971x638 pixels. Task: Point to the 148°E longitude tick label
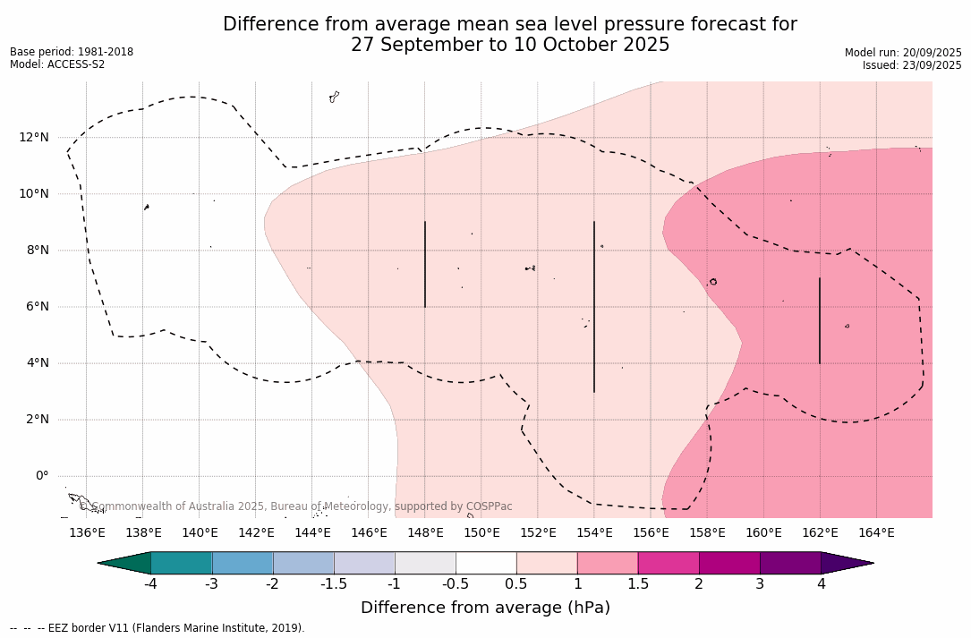coord(425,533)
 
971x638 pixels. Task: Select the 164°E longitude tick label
coord(876,533)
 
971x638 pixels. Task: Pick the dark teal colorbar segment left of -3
coord(181,563)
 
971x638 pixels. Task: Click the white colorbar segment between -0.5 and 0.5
coord(486,563)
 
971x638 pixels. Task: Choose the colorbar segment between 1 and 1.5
coord(608,563)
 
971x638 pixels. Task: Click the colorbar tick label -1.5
coord(334,584)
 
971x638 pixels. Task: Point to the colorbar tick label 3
coord(760,584)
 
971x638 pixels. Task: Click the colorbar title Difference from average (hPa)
coord(485,608)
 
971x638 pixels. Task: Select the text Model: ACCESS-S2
coord(57,64)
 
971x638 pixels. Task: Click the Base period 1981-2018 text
coord(72,52)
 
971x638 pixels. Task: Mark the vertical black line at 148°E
coord(425,264)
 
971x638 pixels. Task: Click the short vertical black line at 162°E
coord(820,320)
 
